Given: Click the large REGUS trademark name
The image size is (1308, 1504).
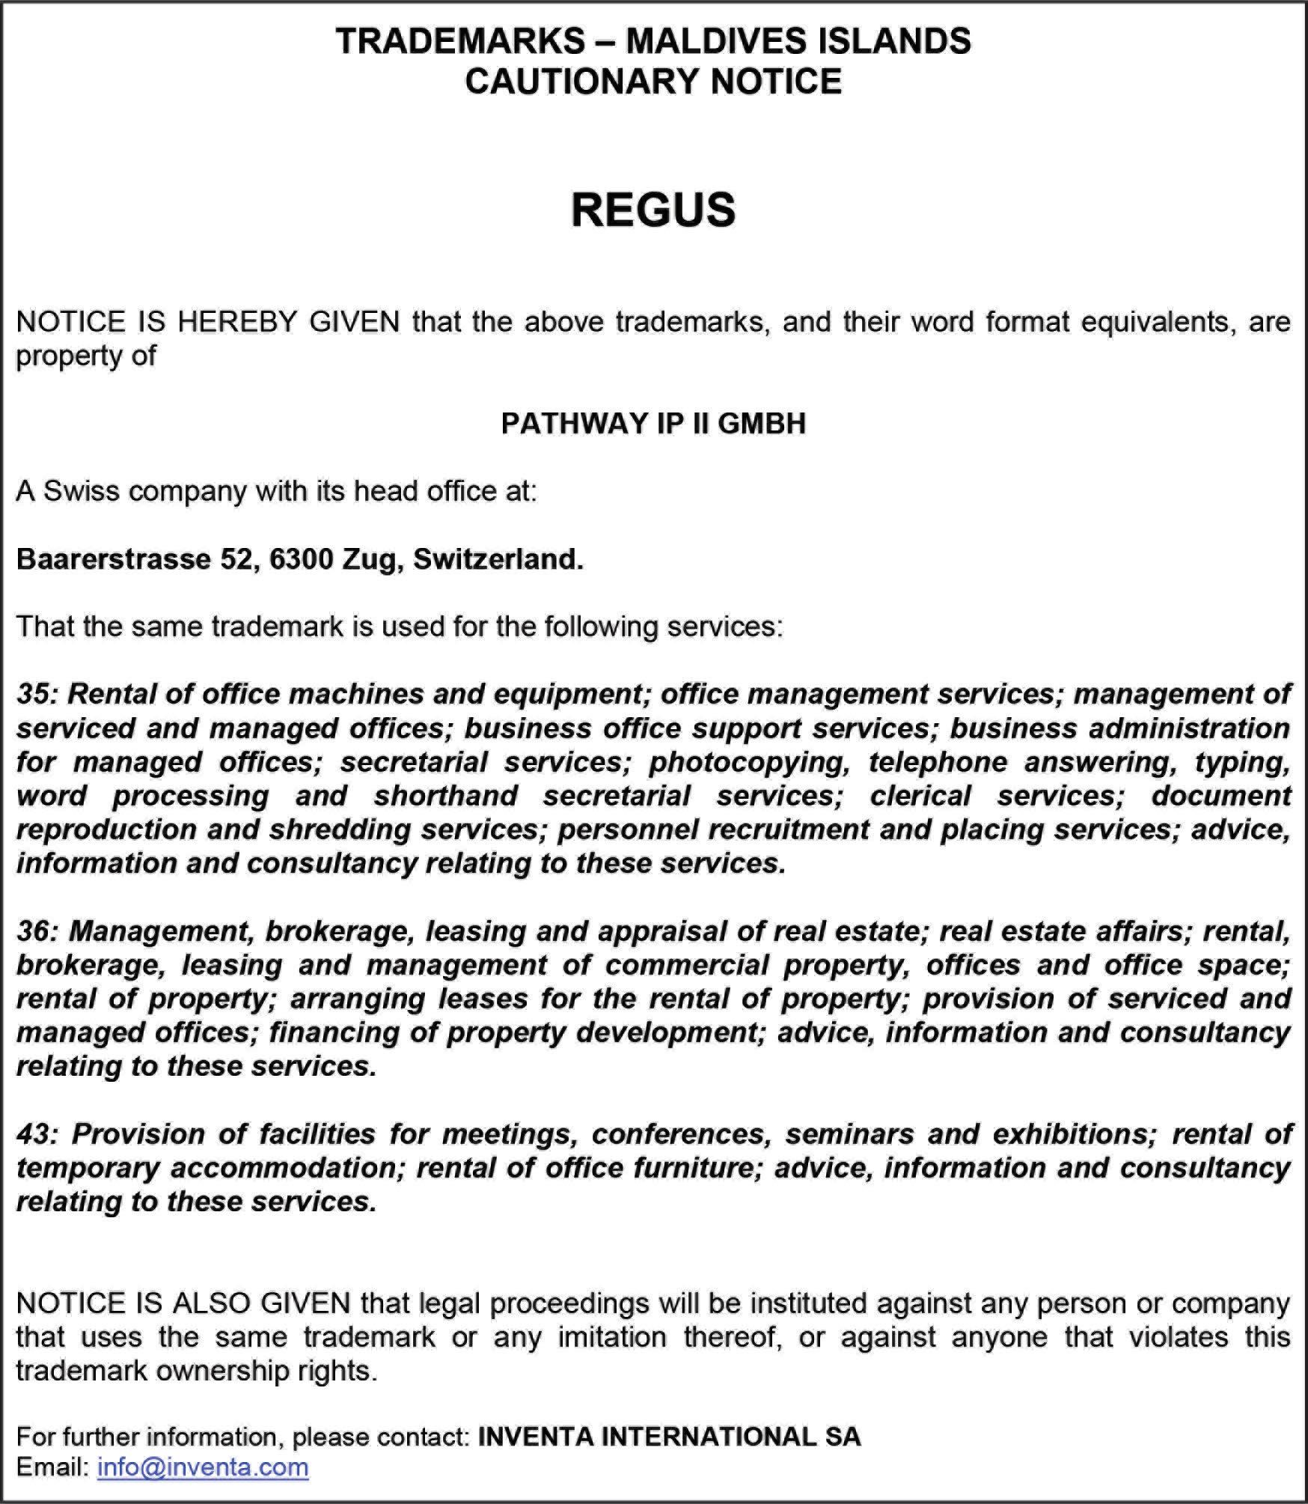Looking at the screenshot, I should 653,210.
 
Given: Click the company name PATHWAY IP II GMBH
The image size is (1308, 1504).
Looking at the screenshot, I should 653,424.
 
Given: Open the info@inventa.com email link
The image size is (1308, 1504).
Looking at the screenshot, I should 203,1467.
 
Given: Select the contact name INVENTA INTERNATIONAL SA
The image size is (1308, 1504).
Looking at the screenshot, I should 669,1436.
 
